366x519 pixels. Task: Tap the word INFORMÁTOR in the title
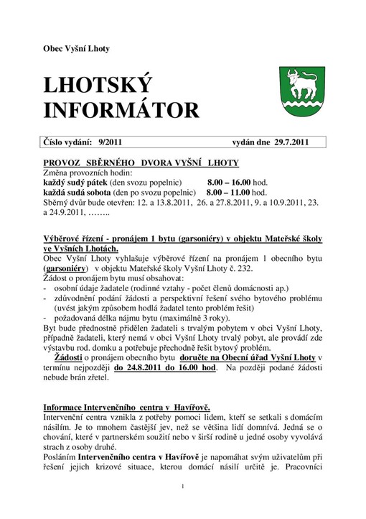121,110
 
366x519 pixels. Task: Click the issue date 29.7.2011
287,142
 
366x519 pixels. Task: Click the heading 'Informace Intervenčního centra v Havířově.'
126,406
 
